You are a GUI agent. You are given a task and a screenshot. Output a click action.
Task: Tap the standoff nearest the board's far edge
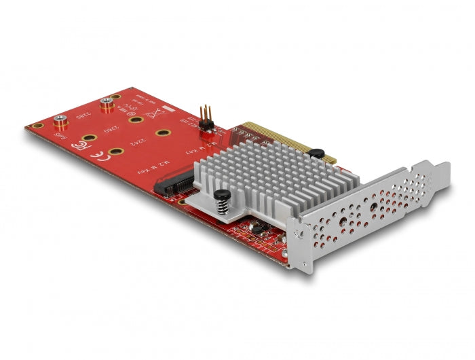(106, 105)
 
